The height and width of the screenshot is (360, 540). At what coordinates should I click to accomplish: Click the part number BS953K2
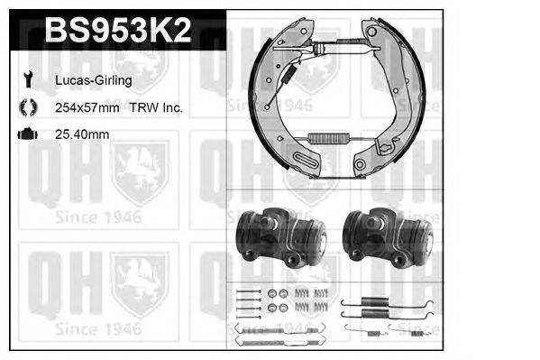click(118, 32)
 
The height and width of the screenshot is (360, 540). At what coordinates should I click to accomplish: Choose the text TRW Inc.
click(157, 108)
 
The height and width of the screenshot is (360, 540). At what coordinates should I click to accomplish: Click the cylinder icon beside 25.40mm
click(25, 134)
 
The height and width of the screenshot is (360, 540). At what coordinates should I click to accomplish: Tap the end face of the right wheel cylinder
click(424, 240)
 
